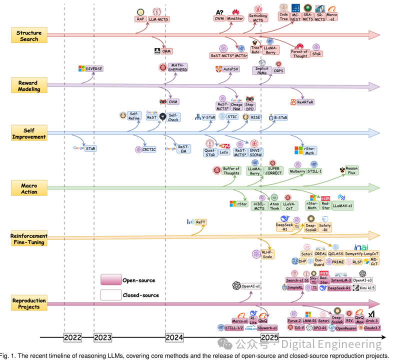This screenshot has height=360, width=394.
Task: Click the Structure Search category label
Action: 29,36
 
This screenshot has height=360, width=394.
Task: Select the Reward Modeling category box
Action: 28,86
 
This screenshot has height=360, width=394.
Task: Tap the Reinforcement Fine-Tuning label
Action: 29,239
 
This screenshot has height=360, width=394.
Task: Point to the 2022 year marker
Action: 72,338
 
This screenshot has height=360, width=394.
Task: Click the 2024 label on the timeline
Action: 174,338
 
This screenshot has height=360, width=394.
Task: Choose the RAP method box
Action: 140,19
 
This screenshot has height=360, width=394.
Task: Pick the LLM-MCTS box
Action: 159,19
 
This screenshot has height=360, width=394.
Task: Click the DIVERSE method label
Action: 93,68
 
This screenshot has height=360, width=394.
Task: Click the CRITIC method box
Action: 149,149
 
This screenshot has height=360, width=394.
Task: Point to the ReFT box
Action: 200,221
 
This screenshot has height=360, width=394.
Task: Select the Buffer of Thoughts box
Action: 231,171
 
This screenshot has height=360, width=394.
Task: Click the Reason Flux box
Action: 351,171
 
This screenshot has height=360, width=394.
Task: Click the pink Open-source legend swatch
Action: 110,280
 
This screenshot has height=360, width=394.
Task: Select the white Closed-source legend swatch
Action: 110,295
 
